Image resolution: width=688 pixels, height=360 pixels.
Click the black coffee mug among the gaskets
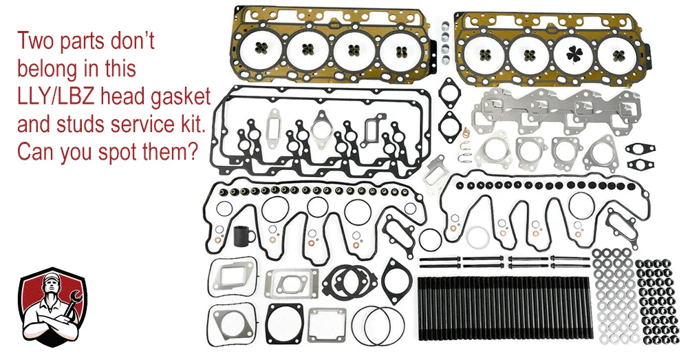[x=243, y=236]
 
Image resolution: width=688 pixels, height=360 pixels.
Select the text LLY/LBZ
[x=56, y=97]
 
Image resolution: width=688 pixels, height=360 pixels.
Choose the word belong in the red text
[x=48, y=70]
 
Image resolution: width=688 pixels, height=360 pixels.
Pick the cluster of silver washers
[x=612, y=297]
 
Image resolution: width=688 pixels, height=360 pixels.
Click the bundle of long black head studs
[x=505, y=308]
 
